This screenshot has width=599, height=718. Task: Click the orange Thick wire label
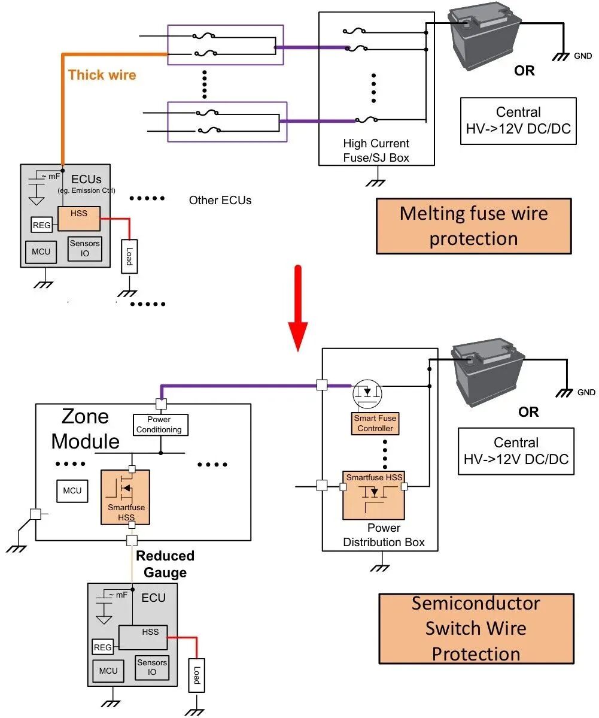click(102, 75)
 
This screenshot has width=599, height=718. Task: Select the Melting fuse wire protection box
click(473, 226)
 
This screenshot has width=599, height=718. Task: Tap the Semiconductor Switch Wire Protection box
click(476, 628)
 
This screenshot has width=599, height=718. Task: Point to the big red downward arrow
click(297, 311)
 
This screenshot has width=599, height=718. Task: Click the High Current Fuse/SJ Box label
click(376, 150)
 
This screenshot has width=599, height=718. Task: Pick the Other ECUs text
click(220, 200)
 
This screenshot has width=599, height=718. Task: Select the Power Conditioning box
click(159, 425)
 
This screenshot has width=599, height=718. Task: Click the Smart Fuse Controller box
click(375, 423)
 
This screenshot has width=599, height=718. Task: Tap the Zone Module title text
click(85, 429)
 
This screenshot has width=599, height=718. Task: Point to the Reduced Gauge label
click(165, 564)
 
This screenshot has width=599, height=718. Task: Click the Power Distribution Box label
click(384, 535)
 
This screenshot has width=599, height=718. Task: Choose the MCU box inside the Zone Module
click(72, 490)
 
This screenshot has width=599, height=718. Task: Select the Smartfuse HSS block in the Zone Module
click(126, 498)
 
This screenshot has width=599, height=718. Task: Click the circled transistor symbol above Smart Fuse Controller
click(367, 392)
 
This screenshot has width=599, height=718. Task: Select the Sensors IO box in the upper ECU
click(85, 248)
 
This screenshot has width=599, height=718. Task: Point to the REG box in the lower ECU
click(103, 647)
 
